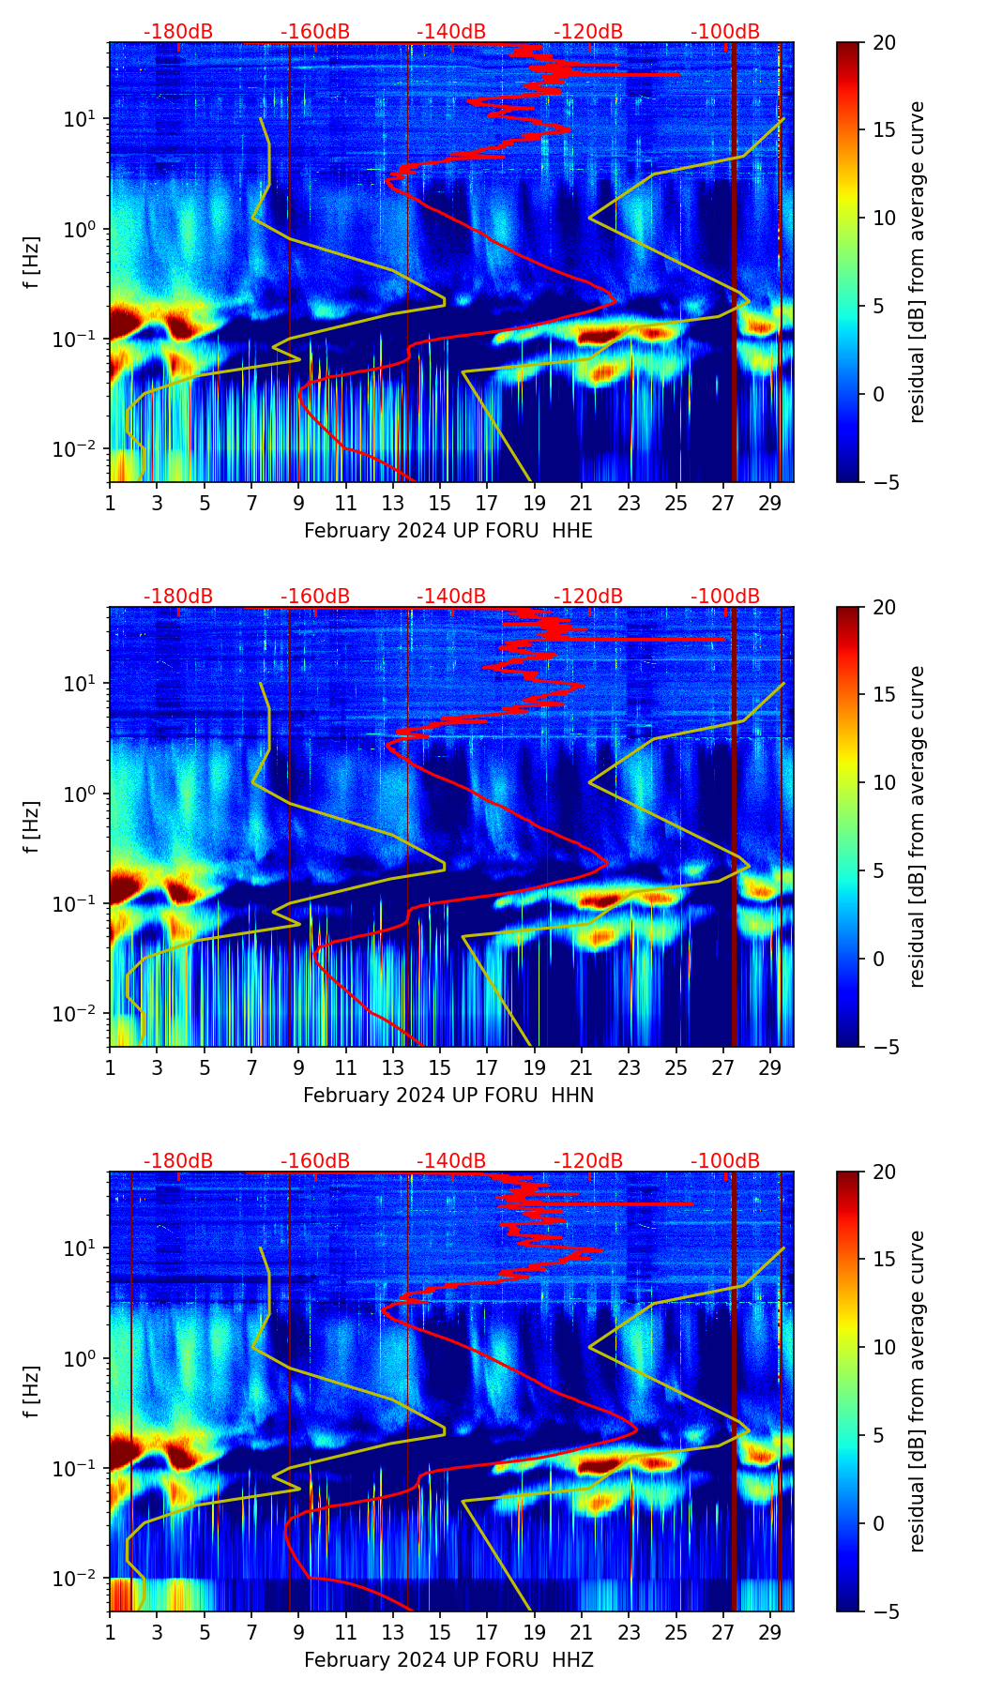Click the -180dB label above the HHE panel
coord(178,32)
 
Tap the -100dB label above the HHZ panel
coord(725,1161)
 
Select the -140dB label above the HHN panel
coord(451,597)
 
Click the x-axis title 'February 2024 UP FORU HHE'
coord(448,531)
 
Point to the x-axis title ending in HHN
coord(448,1096)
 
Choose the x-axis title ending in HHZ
coord(448,1660)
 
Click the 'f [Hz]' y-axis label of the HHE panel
coord(32,263)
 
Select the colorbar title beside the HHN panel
coord(918,826)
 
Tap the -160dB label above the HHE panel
coord(315,32)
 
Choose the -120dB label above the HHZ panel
coord(588,1161)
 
